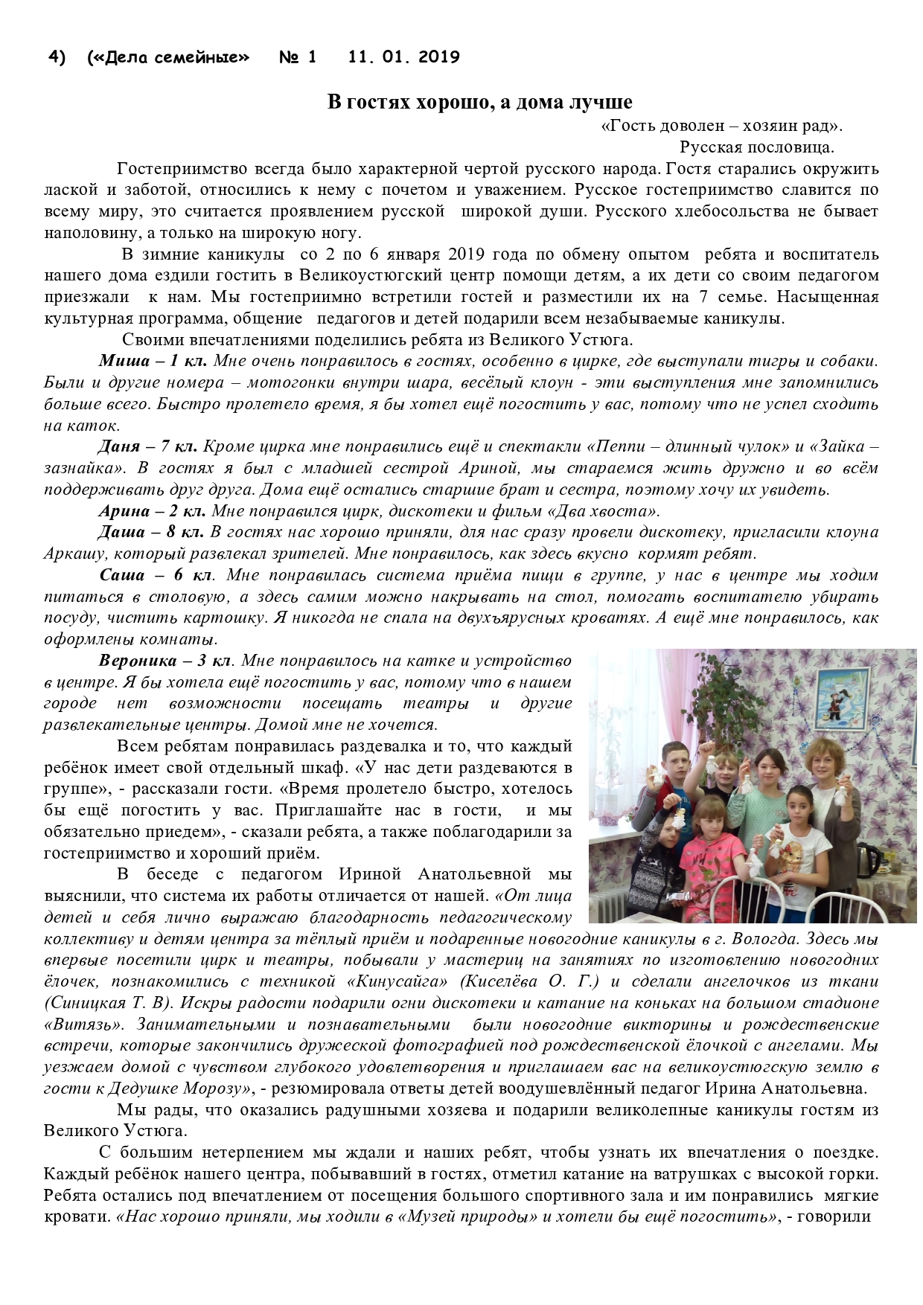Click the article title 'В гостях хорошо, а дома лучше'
pos(480,102)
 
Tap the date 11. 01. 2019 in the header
pos(403,57)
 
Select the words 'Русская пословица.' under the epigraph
pos(756,147)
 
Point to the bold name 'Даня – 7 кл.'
pos(147,447)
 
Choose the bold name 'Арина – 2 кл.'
pos(152,511)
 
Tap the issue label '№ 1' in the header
pos(298,57)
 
